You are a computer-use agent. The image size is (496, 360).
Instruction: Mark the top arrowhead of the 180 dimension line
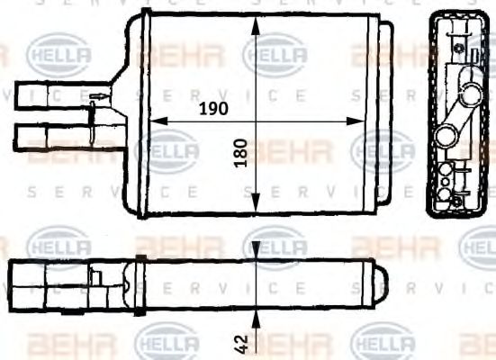coord(258,25)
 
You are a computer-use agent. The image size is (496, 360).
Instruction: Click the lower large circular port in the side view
coord(445,137)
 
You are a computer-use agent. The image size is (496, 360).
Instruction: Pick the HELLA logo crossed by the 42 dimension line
coord(275,243)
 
